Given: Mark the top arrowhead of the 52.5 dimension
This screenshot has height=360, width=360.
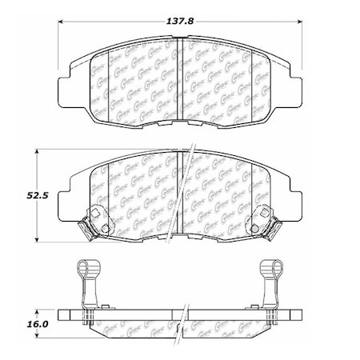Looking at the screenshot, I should (x=41, y=150).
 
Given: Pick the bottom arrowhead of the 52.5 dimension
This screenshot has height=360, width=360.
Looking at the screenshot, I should (x=41, y=239).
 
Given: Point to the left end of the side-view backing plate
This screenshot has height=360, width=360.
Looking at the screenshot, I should (x=62, y=316).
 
